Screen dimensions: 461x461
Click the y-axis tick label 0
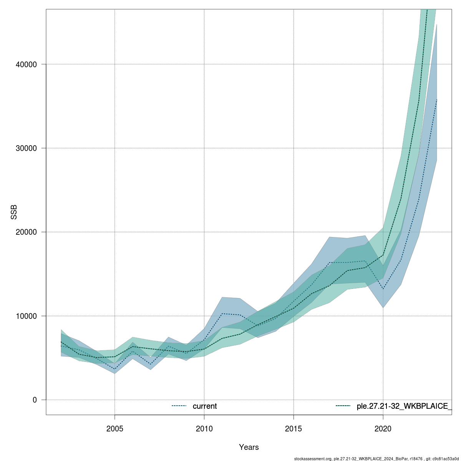(x=35, y=400)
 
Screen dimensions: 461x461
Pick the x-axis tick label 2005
(x=114, y=428)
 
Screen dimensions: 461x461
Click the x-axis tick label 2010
(x=204, y=428)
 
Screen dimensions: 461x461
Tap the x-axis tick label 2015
(x=294, y=428)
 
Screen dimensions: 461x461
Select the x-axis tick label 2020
(x=383, y=428)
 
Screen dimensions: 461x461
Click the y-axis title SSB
(x=14, y=212)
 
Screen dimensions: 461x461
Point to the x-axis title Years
(x=249, y=447)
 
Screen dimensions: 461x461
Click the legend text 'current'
(x=205, y=406)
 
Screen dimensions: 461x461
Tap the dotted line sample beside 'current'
(x=179, y=406)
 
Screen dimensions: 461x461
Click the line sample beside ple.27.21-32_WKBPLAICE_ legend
(x=343, y=406)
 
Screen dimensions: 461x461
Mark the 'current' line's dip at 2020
(x=383, y=289)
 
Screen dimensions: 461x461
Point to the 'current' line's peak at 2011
(x=222, y=313)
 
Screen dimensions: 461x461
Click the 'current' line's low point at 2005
(x=114, y=369)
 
